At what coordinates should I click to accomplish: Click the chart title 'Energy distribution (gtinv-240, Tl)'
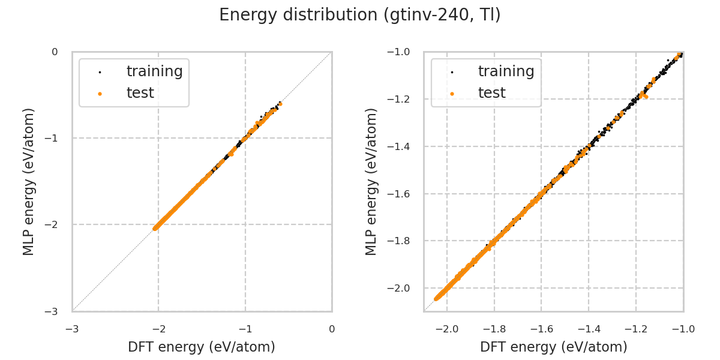(360, 15)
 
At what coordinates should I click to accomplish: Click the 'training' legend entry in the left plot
(154, 71)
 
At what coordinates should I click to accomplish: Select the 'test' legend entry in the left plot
(140, 93)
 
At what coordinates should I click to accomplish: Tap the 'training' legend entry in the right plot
(506, 71)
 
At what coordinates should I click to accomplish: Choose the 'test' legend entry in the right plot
(491, 93)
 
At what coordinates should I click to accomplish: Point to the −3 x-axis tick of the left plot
(72, 329)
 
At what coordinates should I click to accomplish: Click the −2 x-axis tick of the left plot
(158, 329)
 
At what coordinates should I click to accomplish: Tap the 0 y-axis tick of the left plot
(55, 52)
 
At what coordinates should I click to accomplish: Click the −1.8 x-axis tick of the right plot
(494, 329)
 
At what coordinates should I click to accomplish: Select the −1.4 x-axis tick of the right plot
(588, 329)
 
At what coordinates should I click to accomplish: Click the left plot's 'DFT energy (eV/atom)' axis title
(202, 347)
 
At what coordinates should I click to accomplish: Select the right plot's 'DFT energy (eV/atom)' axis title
(553, 347)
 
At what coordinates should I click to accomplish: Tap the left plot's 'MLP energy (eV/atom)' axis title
(29, 182)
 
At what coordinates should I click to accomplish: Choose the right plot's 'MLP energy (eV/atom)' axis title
(372, 182)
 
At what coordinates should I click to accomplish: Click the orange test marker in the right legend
(452, 94)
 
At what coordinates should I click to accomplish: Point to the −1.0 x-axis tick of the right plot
(683, 329)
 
